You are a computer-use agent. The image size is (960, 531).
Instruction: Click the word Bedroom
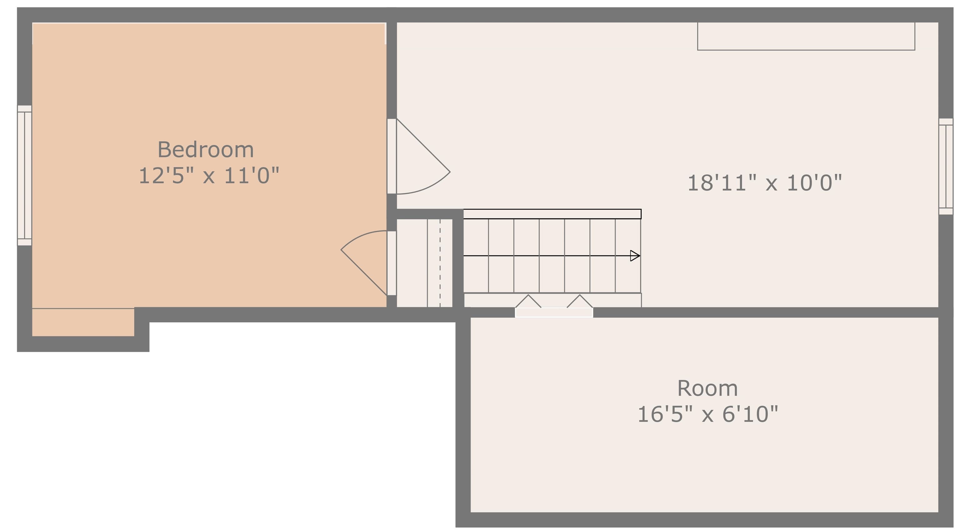[206, 150]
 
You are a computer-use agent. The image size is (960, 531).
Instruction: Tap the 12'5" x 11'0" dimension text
[209, 176]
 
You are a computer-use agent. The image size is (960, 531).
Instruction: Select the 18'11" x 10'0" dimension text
[764, 183]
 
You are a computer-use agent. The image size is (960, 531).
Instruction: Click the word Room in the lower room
[707, 388]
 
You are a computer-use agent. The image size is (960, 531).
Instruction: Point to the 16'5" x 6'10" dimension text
[708, 414]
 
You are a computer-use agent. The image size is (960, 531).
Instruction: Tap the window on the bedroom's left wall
[25, 175]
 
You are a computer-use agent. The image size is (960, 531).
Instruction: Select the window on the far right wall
[945, 166]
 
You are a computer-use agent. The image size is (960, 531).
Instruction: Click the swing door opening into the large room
[418, 156]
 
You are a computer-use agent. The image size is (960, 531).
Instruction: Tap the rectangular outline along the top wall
[806, 36]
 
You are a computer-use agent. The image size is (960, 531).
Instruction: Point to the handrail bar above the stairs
[552, 214]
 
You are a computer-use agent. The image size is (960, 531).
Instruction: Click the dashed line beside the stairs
[440, 263]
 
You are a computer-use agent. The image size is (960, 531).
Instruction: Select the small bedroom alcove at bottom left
[83, 322]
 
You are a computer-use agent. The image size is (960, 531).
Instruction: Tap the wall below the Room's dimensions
[704, 520]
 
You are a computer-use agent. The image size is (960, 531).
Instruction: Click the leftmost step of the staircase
[476, 256]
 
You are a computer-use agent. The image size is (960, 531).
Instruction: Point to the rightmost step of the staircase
[628, 256]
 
